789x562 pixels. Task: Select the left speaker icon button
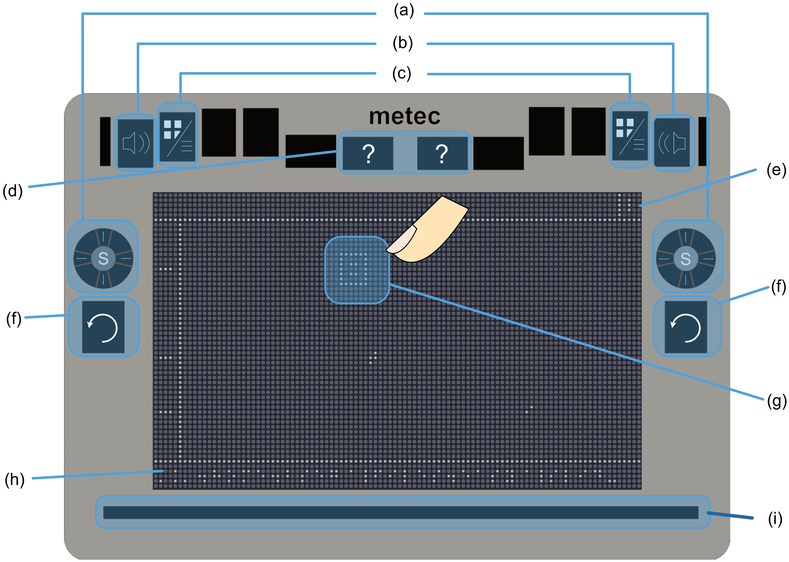(x=136, y=143)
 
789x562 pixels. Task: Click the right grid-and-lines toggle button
(x=630, y=136)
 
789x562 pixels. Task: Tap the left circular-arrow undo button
(x=103, y=327)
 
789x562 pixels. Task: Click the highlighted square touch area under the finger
(x=357, y=270)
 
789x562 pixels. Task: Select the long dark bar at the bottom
(x=400, y=512)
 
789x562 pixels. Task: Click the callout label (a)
(x=404, y=11)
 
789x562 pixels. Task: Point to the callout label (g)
(x=777, y=402)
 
